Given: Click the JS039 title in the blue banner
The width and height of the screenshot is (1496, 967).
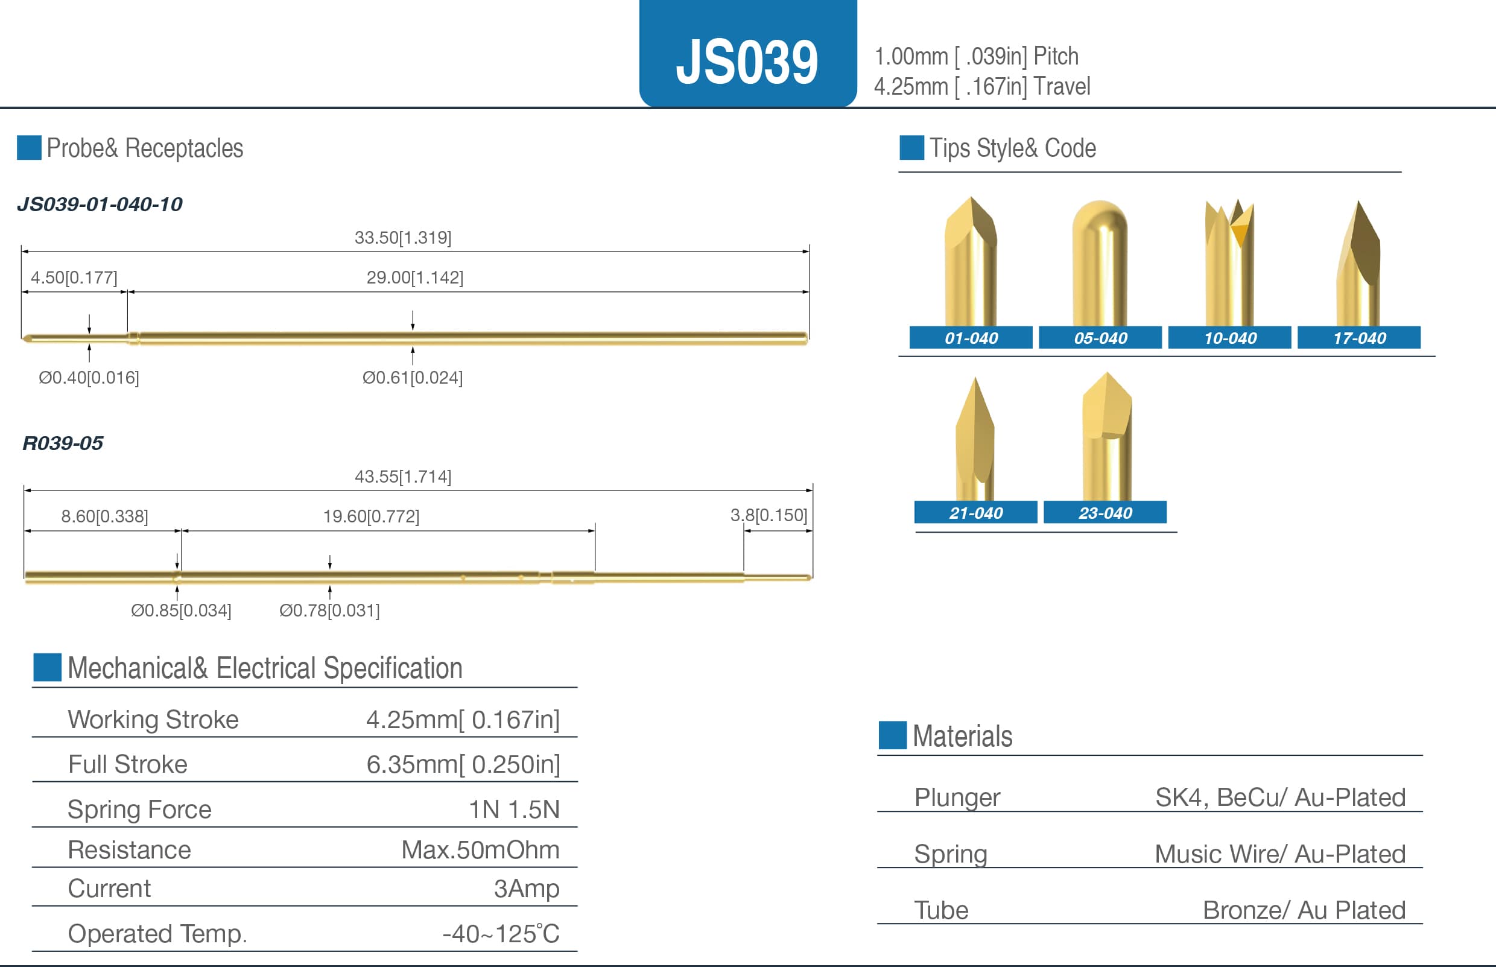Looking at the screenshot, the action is pyautogui.click(x=746, y=62).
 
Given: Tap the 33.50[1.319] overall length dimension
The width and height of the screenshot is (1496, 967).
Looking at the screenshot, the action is pyautogui.click(x=403, y=237).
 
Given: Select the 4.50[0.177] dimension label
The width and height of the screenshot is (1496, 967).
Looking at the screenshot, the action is pyautogui.click(x=74, y=277).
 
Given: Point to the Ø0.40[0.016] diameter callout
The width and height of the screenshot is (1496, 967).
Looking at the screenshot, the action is pyautogui.click(x=89, y=378).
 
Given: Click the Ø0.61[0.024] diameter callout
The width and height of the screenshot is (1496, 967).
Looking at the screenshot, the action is pyautogui.click(x=413, y=378).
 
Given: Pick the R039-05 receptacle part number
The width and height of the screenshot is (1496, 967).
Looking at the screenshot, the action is pyautogui.click(x=63, y=443).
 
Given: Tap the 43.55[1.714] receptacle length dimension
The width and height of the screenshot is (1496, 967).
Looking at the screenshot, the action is pyautogui.click(x=403, y=477).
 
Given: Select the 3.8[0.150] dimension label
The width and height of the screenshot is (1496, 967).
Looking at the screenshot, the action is pyautogui.click(x=769, y=515).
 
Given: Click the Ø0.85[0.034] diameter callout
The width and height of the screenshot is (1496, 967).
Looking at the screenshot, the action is pyautogui.click(x=181, y=610).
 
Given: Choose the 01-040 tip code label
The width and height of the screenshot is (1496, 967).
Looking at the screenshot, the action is pyautogui.click(x=971, y=338).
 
